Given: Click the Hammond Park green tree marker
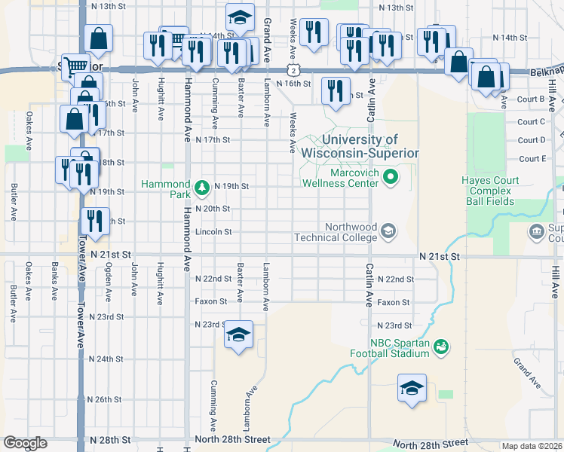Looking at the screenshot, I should click(201, 186).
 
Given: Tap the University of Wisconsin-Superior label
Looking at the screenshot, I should click(359, 146).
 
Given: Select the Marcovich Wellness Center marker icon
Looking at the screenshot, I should click(390, 178).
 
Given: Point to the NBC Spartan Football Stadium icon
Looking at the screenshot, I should click(441, 347).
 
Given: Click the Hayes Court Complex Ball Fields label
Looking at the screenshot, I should click(487, 191).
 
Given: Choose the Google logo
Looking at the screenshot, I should click(25, 443).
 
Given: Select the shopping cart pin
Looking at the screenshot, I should click(75, 66).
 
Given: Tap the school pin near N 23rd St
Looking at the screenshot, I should click(238, 334).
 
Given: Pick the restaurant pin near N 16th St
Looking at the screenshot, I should click(336, 90).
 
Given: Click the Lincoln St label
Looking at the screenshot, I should click(213, 232).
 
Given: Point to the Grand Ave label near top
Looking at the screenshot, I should click(267, 30).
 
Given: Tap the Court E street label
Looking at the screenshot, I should click(532, 159).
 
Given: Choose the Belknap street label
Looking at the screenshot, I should click(544, 69).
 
